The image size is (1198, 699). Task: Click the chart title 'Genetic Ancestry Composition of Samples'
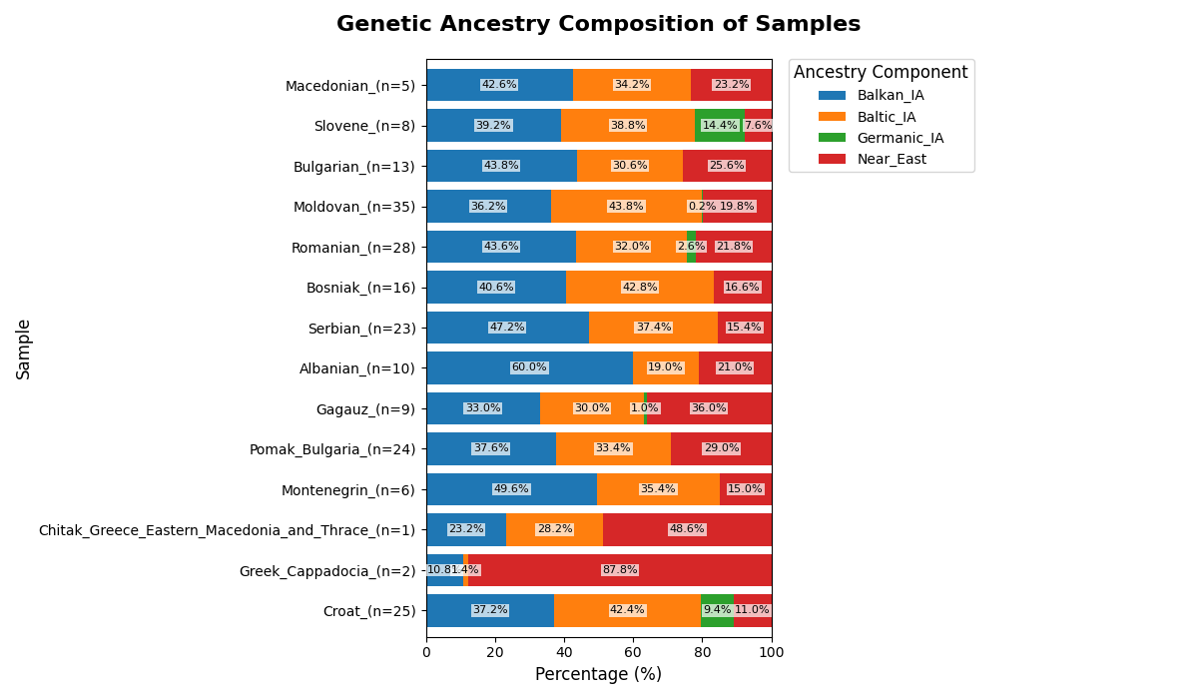pos(598,25)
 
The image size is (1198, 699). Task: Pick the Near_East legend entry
pos(892,159)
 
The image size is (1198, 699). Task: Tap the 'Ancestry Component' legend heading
pos(881,73)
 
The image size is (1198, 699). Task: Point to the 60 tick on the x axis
pos(633,653)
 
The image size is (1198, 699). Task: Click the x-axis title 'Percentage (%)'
pos(598,675)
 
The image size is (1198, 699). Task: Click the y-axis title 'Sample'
pos(24,349)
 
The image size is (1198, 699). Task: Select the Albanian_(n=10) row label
pos(357,368)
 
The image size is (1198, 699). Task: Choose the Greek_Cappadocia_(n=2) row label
pos(327,571)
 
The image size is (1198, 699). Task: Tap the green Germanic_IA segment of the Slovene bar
pos(719,126)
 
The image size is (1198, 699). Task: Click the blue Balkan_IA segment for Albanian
pos(529,367)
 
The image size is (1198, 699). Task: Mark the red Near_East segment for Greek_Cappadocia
pos(620,570)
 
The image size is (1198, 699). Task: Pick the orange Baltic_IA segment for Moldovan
pos(626,207)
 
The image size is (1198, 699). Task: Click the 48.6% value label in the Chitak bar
pos(687,529)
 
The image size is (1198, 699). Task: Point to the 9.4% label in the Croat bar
pos(717,610)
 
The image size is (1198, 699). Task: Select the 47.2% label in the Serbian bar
pos(507,328)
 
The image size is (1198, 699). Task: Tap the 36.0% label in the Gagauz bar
pos(709,408)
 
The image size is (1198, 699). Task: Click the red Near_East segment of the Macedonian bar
pos(731,85)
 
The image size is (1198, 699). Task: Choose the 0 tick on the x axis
pos(426,653)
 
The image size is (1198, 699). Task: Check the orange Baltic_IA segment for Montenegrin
pos(658,489)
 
